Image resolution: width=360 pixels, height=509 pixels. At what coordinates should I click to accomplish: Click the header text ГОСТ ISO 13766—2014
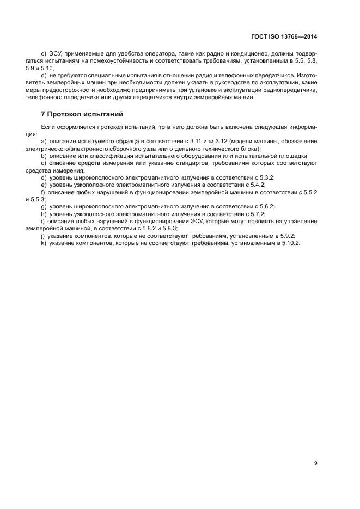284,36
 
